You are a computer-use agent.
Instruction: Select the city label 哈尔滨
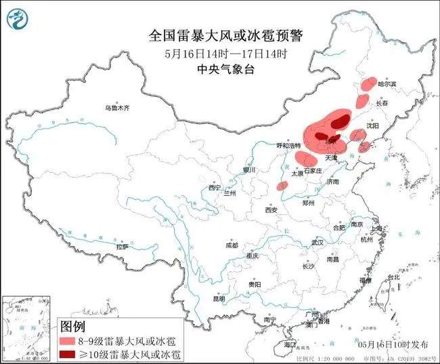[x=387, y=84]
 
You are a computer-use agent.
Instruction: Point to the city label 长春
[x=382, y=104]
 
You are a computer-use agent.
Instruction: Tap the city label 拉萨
[x=123, y=247]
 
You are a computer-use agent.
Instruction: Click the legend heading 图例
[x=75, y=327]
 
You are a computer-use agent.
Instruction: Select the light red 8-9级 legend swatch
[x=68, y=341]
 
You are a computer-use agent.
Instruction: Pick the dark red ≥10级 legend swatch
[x=68, y=354]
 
